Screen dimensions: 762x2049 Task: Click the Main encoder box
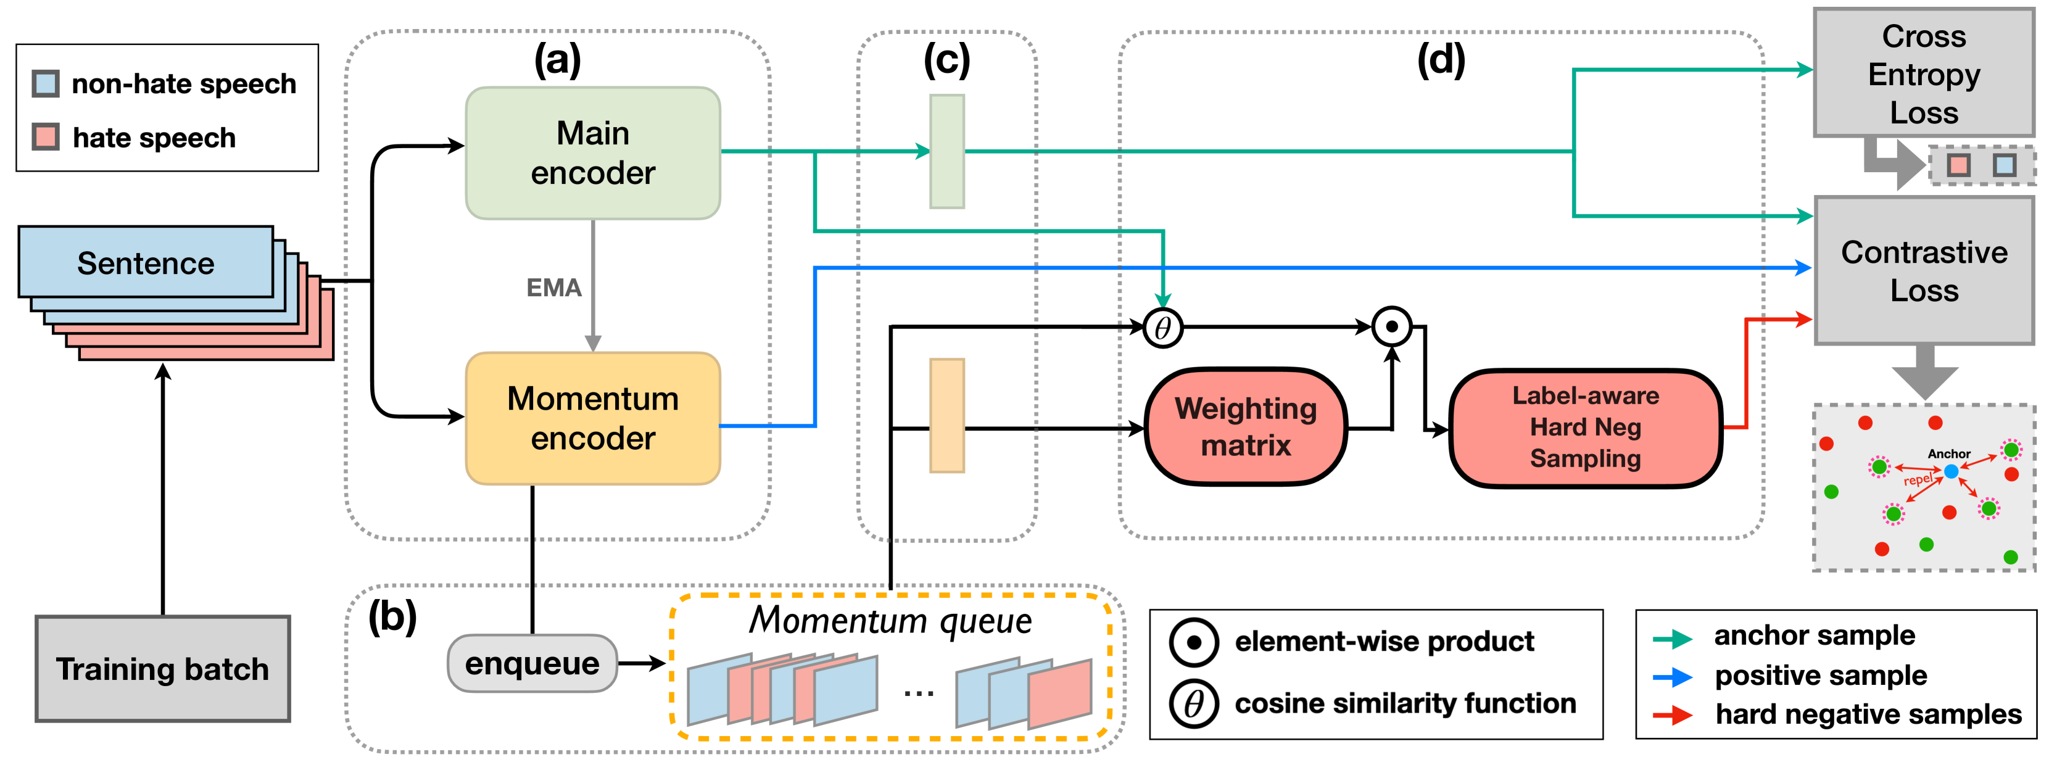pyautogui.click(x=592, y=153)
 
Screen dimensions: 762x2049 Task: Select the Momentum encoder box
pyautogui.click(x=592, y=418)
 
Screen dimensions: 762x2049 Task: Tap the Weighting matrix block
pyautogui.click(x=1246, y=426)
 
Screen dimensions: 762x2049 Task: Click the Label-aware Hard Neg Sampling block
pyautogui.click(x=1585, y=427)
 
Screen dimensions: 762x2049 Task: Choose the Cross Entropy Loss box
pyautogui.click(x=1923, y=73)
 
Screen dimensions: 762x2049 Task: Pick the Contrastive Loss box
pyautogui.click(x=1923, y=270)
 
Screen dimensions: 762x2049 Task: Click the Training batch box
pyautogui.click(x=162, y=669)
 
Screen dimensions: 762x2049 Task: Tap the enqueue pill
pyautogui.click(x=532, y=663)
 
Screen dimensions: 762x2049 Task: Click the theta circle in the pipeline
pyautogui.click(x=1163, y=327)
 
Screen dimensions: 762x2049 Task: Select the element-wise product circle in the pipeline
pyautogui.click(x=1392, y=326)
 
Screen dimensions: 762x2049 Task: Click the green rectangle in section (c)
pyautogui.click(x=947, y=151)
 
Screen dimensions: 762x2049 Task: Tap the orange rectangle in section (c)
pyautogui.click(x=947, y=415)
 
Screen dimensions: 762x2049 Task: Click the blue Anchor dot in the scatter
pyautogui.click(x=1951, y=471)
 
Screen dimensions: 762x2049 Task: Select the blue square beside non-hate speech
pyautogui.click(x=45, y=83)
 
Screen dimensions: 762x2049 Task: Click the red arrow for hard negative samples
pyautogui.click(x=1673, y=714)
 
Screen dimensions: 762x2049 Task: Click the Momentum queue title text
pyautogui.click(x=890, y=621)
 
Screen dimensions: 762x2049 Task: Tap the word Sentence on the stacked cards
pyautogui.click(x=146, y=263)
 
